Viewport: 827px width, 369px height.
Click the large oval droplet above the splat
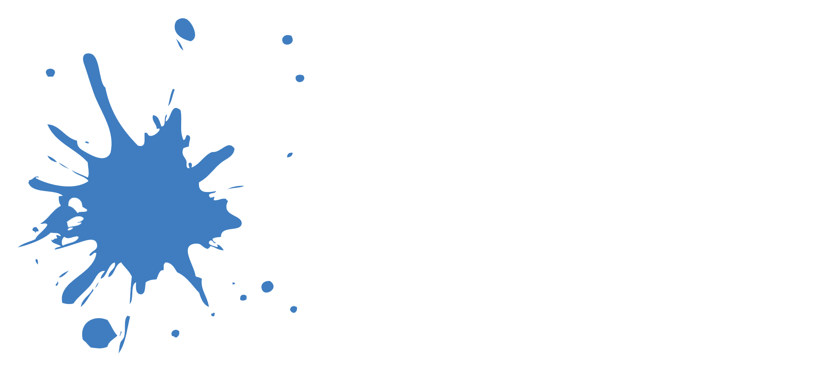coord(184,29)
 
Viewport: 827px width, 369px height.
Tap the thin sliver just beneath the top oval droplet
coord(179,44)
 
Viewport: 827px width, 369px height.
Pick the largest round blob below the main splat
coord(97,332)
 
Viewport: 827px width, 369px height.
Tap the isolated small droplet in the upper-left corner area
coord(50,73)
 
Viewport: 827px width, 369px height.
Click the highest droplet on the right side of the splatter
coord(287,40)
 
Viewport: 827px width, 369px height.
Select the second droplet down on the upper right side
coord(299,78)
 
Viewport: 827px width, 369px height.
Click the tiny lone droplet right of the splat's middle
coord(290,155)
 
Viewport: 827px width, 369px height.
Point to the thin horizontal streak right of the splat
coord(236,187)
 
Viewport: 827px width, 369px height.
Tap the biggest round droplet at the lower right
coord(267,286)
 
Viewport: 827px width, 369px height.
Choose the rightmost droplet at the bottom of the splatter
coord(294,309)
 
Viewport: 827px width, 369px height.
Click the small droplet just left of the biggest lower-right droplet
coord(243,298)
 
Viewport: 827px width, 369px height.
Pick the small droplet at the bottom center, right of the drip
coord(175,333)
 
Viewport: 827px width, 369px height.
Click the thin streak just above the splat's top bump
coord(171,97)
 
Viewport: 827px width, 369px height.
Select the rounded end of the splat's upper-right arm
coord(229,150)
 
